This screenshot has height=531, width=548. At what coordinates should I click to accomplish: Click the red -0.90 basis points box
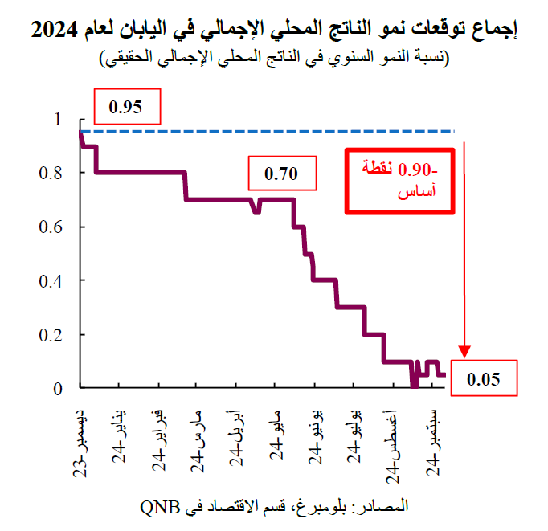coord(399,181)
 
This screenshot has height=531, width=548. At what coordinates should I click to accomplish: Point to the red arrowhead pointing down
coord(465,351)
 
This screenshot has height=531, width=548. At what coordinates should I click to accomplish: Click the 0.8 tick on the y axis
coord(50,173)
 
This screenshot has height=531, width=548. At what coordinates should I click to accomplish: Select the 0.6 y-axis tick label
coord(50,227)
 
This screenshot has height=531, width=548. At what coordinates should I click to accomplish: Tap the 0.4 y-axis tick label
coord(50,280)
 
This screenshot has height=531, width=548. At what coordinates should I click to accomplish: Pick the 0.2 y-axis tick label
coord(50,334)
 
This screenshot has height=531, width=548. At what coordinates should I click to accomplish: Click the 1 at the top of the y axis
coord(56,120)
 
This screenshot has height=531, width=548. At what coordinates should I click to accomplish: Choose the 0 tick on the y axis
coord(56,389)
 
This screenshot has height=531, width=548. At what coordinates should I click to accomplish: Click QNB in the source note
coord(159,507)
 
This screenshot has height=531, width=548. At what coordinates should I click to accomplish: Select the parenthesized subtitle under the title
coord(274,57)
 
